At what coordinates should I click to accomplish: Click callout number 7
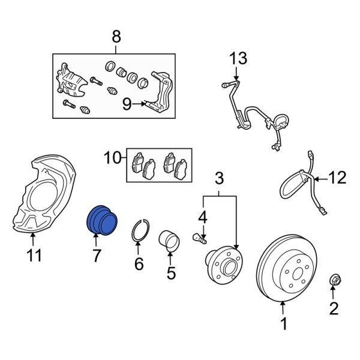click(x=95, y=257)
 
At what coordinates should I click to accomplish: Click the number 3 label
click(x=219, y=178)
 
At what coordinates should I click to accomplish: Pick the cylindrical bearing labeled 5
click(x=170, y=241)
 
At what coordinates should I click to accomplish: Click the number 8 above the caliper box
click(x=116, y=37)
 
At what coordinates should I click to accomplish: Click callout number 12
click(x=338, y=178)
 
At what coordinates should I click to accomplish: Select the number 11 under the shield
click(x=34, y=256)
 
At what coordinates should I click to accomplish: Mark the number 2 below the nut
click(x=334, y=309)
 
